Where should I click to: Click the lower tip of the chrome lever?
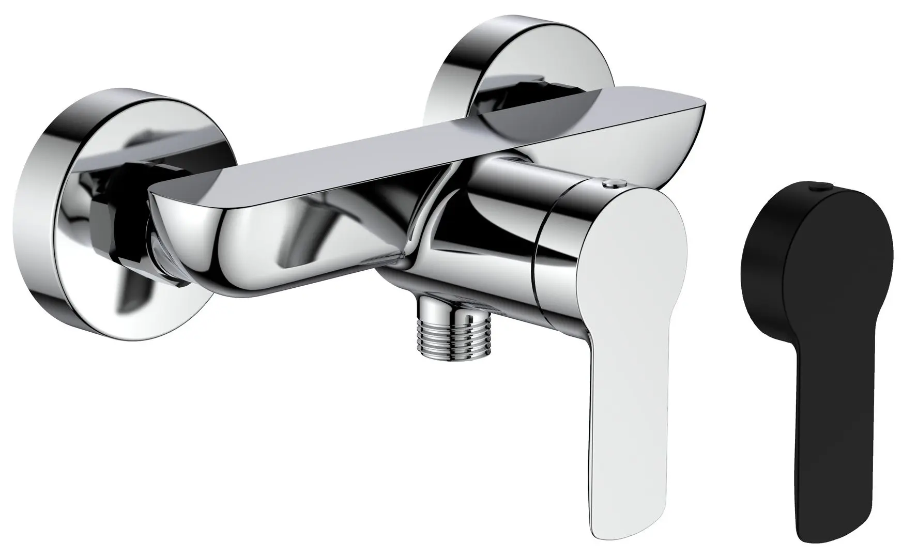(x=625, y=532)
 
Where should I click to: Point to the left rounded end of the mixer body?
(x=176, y=227)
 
